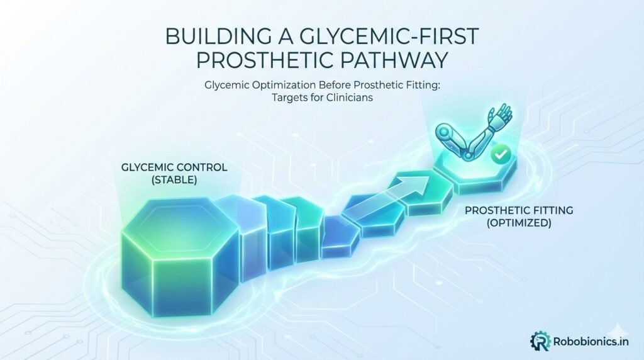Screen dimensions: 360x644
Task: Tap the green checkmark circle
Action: click(500, 154)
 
